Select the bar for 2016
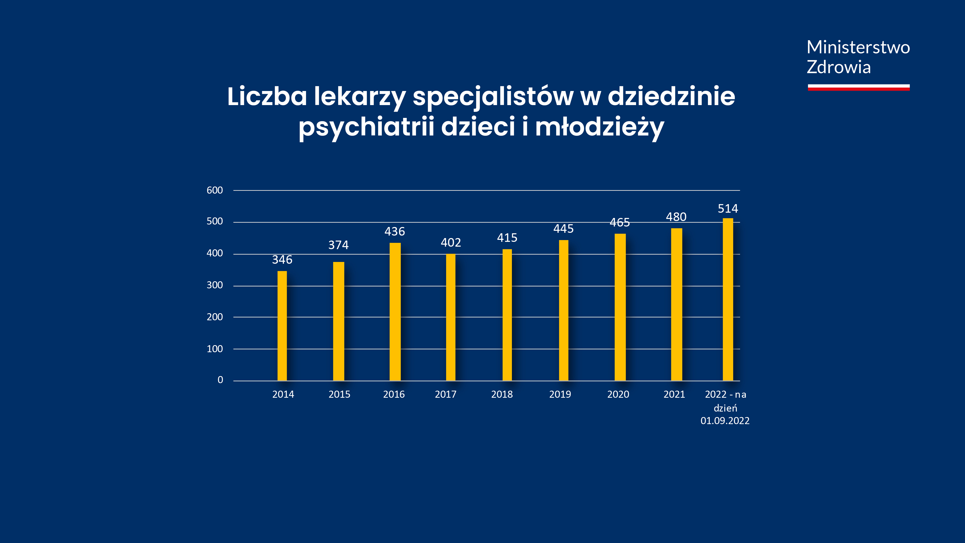[395, 311]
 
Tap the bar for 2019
[563, 310]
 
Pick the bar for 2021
[676, 304]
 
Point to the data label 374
[338, 245]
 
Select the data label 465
[620, 222]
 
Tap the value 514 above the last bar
[728, 209]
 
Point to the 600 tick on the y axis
[215, 190]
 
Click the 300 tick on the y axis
[215, 285]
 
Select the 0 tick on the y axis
[220, 380]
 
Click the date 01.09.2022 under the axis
[725, 421]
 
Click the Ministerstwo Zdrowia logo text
[858, 57]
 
